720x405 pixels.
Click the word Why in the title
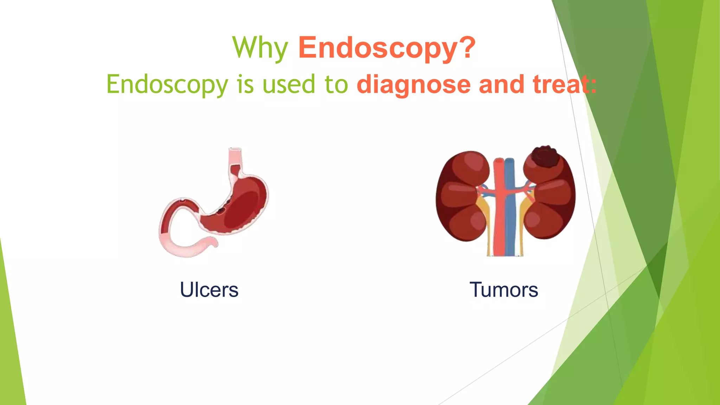[260, 48]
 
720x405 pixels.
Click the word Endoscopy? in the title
[387, 48]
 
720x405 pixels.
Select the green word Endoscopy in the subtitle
[167, 85]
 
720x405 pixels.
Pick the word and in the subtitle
[502, 85]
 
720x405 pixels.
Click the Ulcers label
[209, 290]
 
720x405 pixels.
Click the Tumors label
[503, 290]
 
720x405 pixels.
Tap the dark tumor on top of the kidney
[545, 157]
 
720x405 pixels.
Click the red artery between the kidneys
[499, 211]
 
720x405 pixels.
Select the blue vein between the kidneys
[510, 211]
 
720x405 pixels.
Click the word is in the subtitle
[245, 85]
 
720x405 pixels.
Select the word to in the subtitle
[336, 85]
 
